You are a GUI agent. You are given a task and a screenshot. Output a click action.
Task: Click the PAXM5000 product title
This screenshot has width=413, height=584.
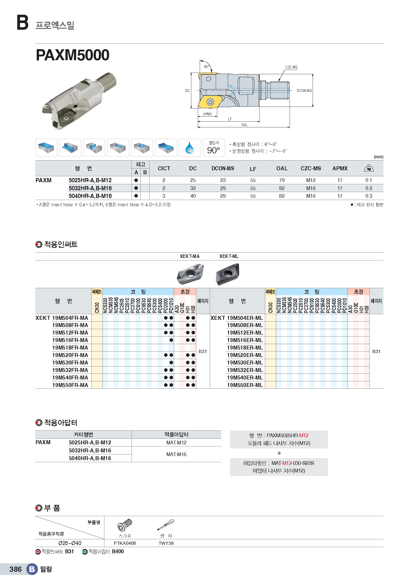pos(72,55)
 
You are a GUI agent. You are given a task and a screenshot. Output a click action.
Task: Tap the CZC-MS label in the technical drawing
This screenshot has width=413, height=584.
pos(291,67)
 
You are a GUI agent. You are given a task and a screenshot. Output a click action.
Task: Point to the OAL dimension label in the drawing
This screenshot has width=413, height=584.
pos(244,125)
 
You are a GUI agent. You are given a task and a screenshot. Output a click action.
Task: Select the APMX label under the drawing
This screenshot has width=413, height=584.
pos(207,114)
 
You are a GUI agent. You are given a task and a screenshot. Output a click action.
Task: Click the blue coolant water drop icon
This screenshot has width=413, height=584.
pos(190,148)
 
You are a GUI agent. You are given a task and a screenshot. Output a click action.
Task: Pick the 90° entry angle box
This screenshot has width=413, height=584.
pos(214,148)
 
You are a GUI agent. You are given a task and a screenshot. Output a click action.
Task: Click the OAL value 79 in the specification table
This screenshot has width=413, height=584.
pos(282,180)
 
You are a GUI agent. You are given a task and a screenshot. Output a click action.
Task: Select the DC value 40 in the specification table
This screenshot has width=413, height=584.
pos(193,196)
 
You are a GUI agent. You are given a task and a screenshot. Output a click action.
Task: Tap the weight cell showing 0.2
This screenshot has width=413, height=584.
pos(369,188)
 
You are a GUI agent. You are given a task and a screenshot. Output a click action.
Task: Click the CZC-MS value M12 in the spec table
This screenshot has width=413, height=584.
pos(311,180)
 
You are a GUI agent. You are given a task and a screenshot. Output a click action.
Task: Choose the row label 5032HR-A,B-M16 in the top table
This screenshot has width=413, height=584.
pos(90,188)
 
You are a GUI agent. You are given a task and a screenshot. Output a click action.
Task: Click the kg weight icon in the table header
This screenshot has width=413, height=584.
pos(369,168)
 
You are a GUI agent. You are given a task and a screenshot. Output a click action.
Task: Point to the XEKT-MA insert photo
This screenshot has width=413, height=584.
pos(190,274)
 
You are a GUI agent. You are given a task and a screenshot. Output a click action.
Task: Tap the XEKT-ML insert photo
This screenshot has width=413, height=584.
pos(228,274)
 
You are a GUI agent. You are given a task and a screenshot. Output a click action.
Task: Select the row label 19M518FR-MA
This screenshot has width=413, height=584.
pos(70,348)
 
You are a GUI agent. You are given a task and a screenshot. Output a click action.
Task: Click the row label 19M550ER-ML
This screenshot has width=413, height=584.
pos(245,385)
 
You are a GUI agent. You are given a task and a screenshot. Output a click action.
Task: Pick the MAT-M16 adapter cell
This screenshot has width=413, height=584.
pos(176,454)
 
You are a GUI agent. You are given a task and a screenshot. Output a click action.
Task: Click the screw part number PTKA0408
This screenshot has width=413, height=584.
pos(125,543)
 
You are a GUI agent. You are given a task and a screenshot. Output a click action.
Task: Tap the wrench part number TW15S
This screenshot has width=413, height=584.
pos(166,543)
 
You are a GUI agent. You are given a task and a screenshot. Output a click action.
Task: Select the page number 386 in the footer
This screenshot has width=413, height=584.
pos(15,569)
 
